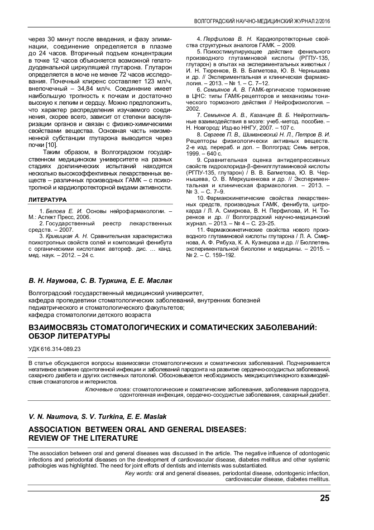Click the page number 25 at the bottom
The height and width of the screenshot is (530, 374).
[325, 498]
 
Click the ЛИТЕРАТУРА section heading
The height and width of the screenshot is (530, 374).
[48, 199]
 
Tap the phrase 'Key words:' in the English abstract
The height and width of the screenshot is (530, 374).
[139, 473]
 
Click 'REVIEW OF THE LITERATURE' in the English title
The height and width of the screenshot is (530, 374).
[83, 438]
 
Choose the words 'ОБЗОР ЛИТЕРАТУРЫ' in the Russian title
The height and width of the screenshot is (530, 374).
[69, 336]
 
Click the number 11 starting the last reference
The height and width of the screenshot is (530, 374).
[200, 230]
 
